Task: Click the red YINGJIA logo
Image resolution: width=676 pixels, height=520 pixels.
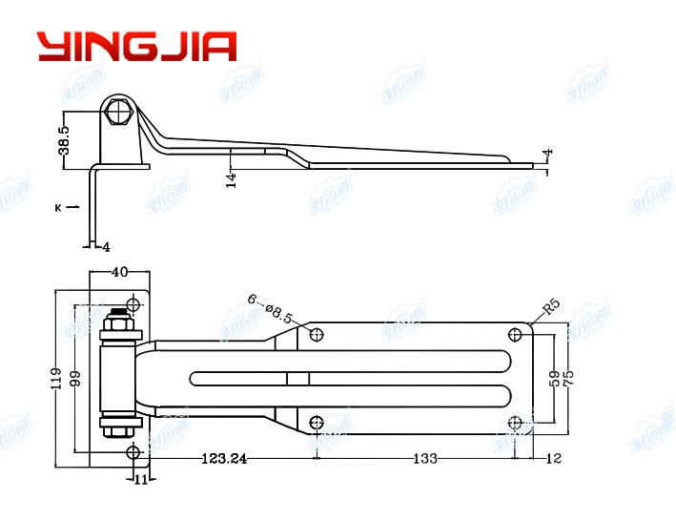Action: click(135, 46)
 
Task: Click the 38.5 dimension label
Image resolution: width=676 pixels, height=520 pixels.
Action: click(64, 138)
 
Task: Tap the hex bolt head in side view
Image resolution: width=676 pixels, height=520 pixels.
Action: click(119, 113)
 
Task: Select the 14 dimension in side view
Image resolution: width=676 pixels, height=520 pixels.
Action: click(230, 178)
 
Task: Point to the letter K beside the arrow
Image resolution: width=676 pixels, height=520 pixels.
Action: click(58, 206)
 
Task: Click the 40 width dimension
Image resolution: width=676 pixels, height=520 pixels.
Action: click(119, 272)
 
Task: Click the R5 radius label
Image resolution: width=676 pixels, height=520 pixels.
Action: click(551, 307)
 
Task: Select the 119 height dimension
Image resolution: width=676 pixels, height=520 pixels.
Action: click(54, 379)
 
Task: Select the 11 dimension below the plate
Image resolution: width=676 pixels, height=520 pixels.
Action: click(139, 479)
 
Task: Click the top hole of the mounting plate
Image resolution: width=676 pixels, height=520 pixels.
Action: click(133, 305)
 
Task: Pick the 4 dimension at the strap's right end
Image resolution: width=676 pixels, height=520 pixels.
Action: click(547, 153)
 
